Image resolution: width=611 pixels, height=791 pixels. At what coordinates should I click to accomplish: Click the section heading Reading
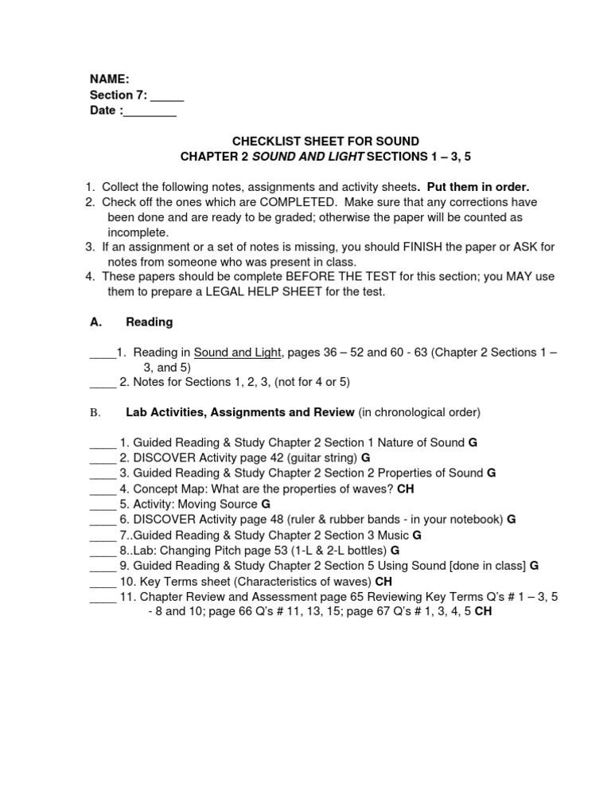pos(150,322)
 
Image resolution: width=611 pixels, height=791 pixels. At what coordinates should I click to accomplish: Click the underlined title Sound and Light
pos(237,352)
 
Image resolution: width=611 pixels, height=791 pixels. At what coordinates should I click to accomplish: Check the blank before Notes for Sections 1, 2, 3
pos(103,382)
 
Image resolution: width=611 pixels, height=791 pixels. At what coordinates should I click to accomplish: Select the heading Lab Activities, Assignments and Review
pos(240,412)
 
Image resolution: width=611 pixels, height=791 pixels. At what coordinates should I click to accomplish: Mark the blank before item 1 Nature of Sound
pos(103,442)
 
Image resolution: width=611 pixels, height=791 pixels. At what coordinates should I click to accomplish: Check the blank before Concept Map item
pos(103,489)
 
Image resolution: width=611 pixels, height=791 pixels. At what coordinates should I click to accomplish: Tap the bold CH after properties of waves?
pos(406,489)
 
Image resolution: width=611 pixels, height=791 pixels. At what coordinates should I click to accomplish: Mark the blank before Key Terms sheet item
pos(103,581)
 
